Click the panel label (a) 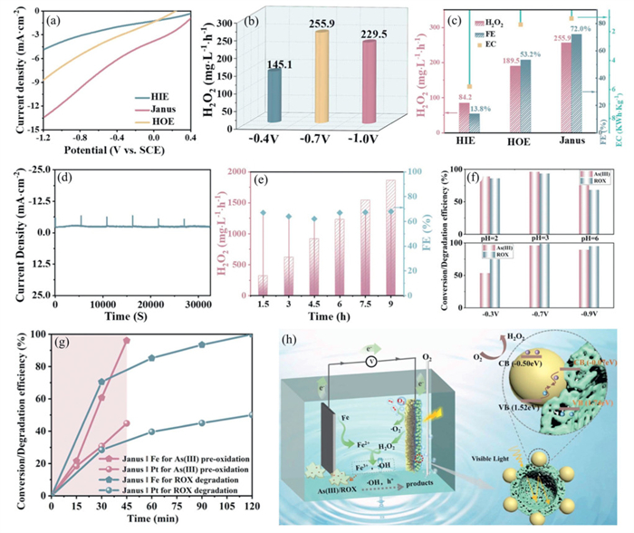tap(55, 17)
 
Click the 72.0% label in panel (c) tap(554, 31)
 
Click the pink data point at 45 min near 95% tap(127, 340)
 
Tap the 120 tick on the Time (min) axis tap(250, 504)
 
